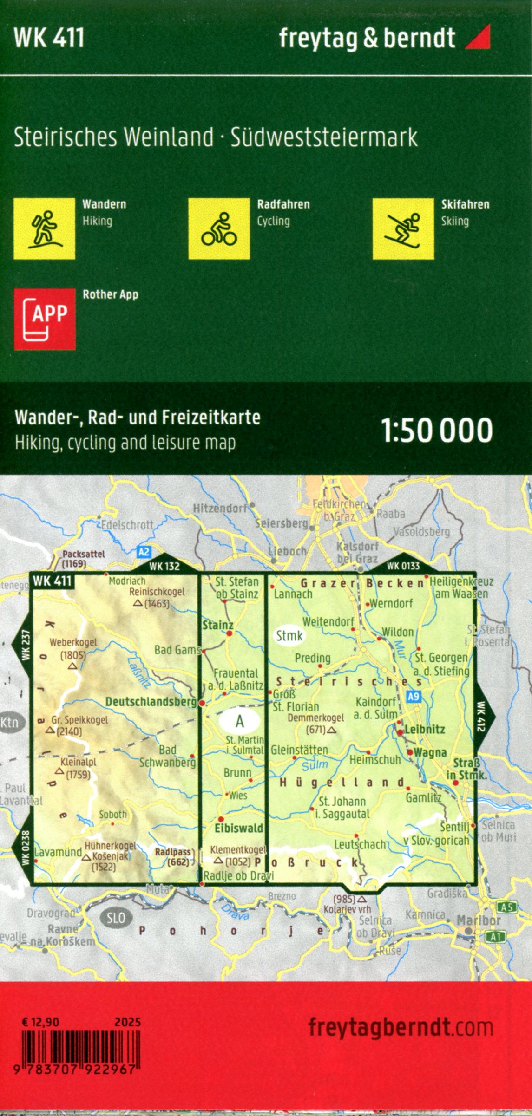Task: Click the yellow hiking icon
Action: pos(44,228)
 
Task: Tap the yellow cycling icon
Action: pos(219,228)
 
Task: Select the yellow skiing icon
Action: pos(403,228)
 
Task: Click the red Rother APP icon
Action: pos(44,319)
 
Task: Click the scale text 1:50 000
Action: pos(437,431)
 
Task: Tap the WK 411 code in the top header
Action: pos(49,38)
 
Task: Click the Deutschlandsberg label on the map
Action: pos(151,702)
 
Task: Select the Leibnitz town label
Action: pos(425,730)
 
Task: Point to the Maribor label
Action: pos(479,920)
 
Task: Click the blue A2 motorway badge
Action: pos(144,552)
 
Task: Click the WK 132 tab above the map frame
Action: pos(164,566)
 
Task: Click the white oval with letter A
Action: pos(240,721)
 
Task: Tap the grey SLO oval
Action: pos(115,918)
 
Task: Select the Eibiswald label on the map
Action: pos(239,828)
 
